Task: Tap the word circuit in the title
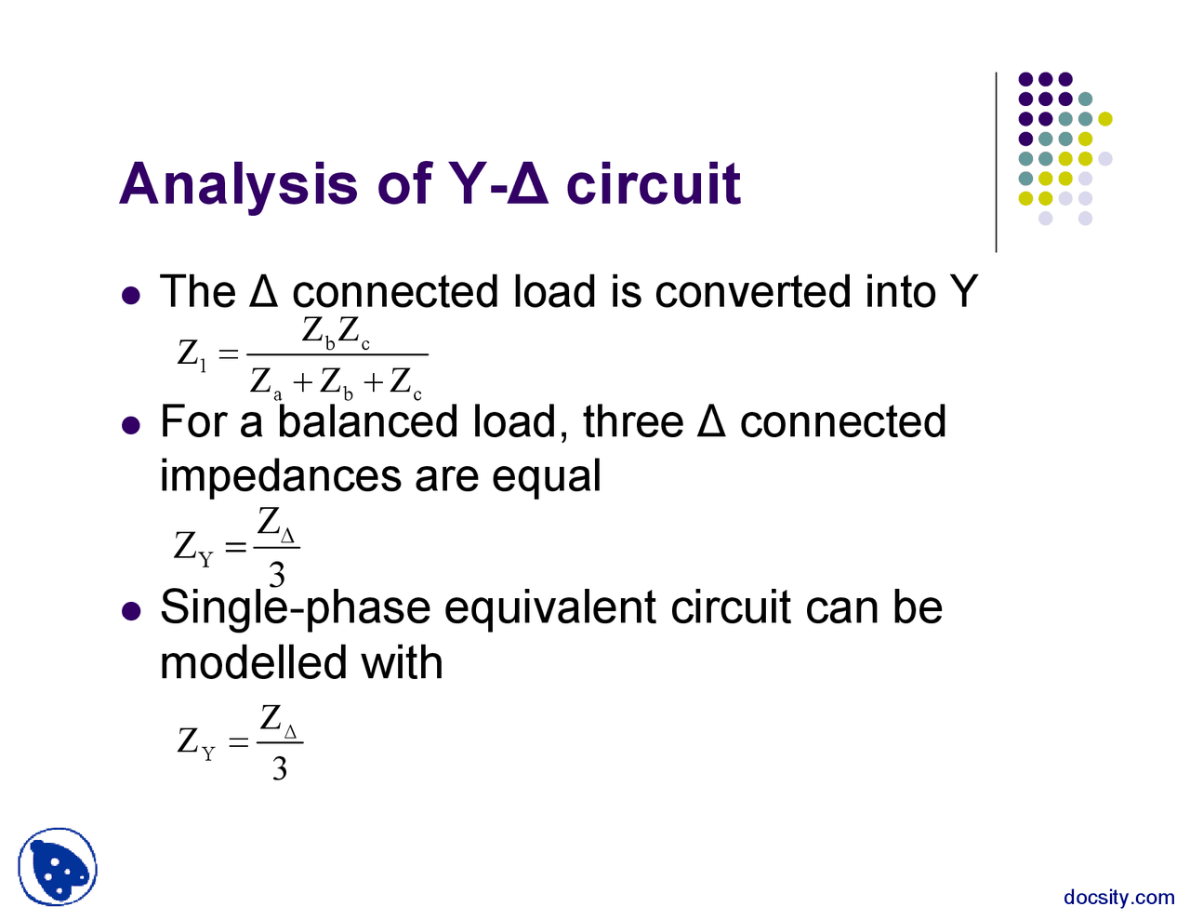tap(653, 184)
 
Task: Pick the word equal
tap(547, 476)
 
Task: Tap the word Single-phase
tap(295, 608)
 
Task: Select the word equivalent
tap(551, 608)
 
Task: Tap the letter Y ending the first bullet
tap(963, 292)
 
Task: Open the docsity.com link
tap(1118, 897)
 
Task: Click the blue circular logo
tap(58, 867)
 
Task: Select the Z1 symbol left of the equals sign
tap(192, 354)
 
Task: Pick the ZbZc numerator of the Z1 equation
tap(337, 332)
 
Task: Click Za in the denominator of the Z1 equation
tap(266, 381)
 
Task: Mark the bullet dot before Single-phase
tap(131, 611)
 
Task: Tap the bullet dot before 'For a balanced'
tap(131, 425)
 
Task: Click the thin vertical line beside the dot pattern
tap(996, 163)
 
